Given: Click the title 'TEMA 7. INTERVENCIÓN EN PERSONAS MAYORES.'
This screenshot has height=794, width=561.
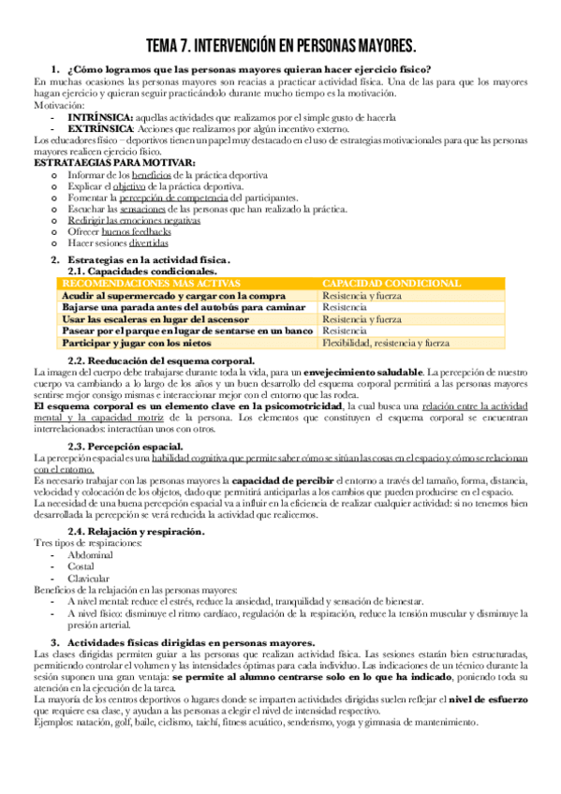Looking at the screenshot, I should (281, 46).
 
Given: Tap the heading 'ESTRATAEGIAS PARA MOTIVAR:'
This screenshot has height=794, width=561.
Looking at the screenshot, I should (114, 162).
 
